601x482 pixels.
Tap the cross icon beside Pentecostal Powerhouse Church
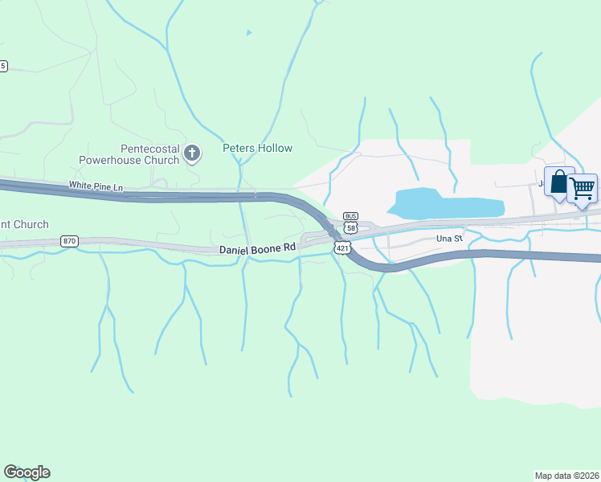pyautogui.click(x=192, y=153)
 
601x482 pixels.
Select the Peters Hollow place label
pyautogui.click(x=257, y=148)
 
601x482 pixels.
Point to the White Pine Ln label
pyautogui.click(x=96, y=186)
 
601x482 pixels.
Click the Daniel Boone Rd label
pyautogui.click(x=258, y=249)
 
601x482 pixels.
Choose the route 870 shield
pyautogui.click(x=69, y=241)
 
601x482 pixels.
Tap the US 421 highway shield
pyautogui.click(x=343, y=249)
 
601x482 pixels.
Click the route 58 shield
pyautogui.click(x=350, y=228)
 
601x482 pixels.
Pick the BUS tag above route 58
pyautogui.click(x=350, y=216)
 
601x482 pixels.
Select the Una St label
pyautogui.click(x=448, y=239)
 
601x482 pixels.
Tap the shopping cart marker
pyautogui.click(x=583, y=189)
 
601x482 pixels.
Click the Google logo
pyautogui.click(x=27, y=472)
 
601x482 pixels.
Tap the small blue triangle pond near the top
pyautogui.click(x=249, y=33)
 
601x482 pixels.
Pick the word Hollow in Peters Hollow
pyautogui.click(x=276, y=148)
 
